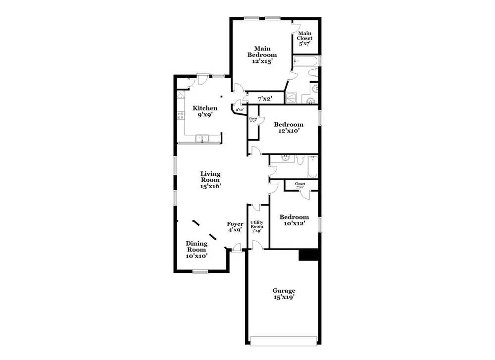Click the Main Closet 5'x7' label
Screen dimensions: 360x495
pyautogui.click(x=304, y=38)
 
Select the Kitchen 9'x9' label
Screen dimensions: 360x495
pyautogui.click(x=205, y=111)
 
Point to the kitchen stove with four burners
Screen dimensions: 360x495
pyautogui.click(x=181, y=117)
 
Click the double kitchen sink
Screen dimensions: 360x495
pyautogui.click(x=203, y=138)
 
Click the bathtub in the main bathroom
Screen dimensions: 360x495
pyautogui.click(x=306, y=62)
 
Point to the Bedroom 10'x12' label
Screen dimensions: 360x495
pyautogui.click(x=294, y=220)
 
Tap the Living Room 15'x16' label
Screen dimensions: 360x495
pyautogui.click(x=210, y=180)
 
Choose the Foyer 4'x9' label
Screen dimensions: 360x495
pyautogui.click(x=235, y=227)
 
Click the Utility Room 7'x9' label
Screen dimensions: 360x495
pyautogui.click(x=256, y=227)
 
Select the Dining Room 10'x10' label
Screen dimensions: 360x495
pyautogui.click(x=197, y=250)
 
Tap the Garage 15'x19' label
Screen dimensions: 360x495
pyautogui.click(x=284, y=294)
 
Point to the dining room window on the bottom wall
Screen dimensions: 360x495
pyautogui.click(x=200, y=271)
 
